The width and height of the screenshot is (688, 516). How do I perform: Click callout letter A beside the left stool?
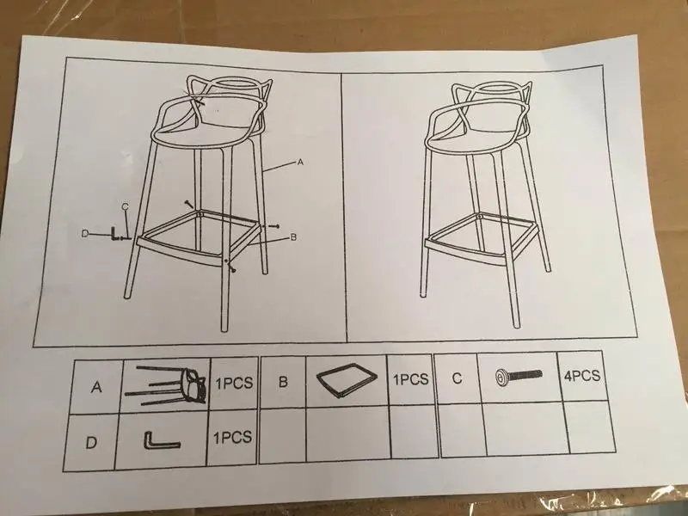point(300,163)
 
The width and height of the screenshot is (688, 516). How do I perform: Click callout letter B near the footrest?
point(293,237)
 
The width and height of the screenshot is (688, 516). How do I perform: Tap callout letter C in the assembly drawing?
point(125,206)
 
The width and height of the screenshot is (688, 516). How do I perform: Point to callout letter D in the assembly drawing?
point(85,234)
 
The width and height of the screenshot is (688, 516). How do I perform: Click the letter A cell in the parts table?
point(96,387)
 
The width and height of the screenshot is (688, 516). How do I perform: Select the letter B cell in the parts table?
point(283,381)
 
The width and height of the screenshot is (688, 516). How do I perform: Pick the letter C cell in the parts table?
point(457,378)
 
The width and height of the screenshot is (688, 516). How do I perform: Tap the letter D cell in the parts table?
point(91,442)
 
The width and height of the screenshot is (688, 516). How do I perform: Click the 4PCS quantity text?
point(582,376)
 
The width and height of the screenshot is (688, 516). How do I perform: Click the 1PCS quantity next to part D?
point(232,438)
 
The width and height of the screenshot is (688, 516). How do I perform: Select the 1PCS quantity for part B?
point(410,379)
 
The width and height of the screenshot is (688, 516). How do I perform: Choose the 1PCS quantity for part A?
point(234,383)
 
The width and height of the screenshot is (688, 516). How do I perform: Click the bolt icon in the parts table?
point(519,377)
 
